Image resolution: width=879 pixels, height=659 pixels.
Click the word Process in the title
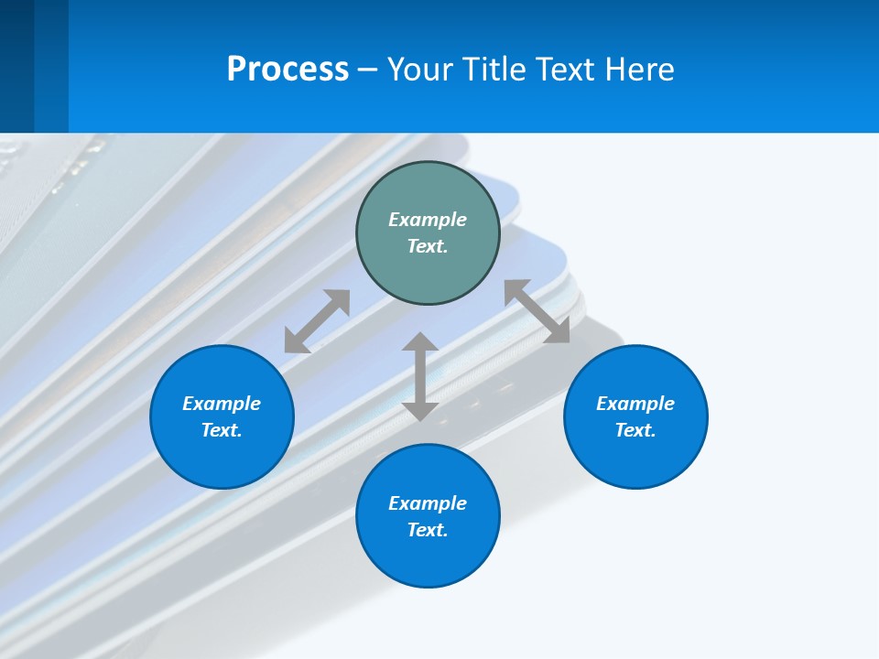[288, 70]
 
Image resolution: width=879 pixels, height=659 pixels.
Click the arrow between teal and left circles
[317, 321]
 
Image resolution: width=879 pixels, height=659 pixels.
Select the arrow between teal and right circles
[537, 311]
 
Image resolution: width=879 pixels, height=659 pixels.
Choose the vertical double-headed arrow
[420, 376]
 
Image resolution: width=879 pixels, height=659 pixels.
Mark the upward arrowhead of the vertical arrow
[420, 342]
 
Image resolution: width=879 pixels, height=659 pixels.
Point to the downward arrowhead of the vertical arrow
[420, 410]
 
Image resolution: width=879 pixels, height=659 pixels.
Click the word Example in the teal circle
[428, 220]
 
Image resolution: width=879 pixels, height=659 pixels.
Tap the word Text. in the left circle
[222, 430]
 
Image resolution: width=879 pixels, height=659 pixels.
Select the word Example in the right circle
[635, 404]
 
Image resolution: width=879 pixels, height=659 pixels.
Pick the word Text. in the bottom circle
[428, 530]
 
